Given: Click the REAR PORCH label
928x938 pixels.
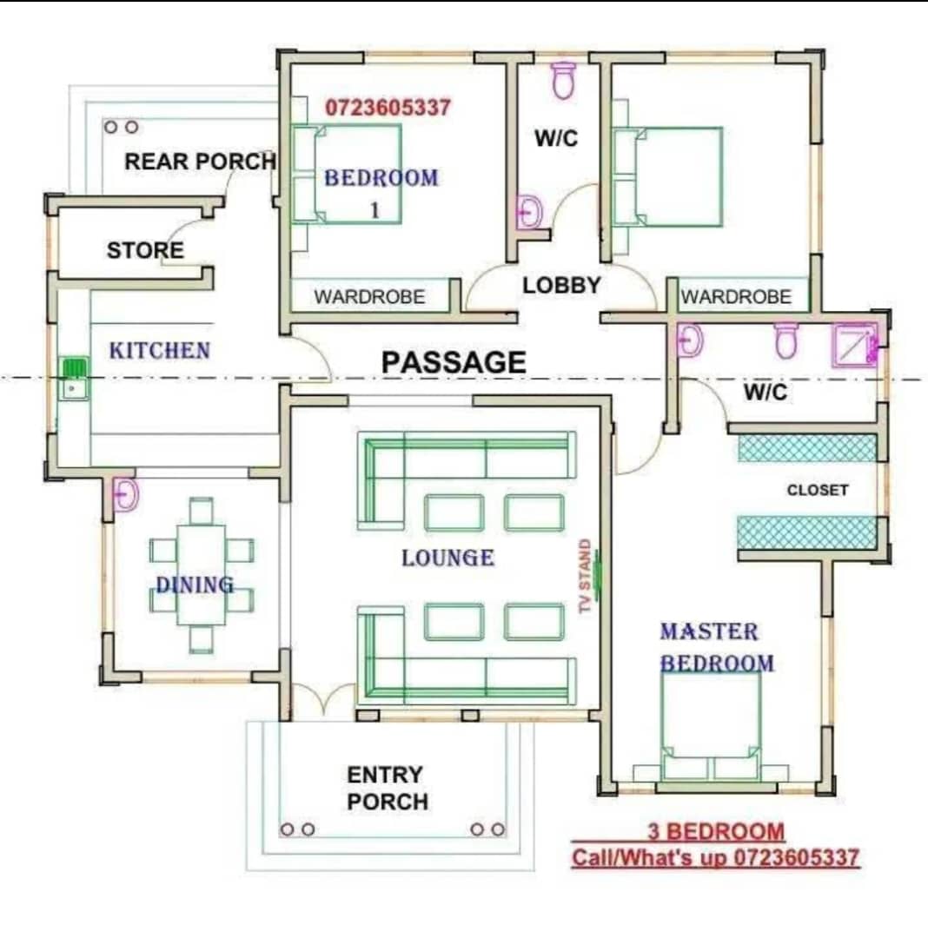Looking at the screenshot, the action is [x=200, y=161].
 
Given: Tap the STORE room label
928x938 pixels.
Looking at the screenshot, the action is [x=145, y=250].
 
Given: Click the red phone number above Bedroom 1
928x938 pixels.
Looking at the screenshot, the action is [x=388, y=108].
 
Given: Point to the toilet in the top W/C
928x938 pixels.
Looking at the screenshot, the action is [x=562, y=80].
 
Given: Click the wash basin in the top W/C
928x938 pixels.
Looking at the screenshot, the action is [x=529, y=211].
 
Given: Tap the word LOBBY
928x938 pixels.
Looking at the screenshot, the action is [x=561, y=286].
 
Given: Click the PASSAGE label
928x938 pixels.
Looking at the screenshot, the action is [x=454, y=362].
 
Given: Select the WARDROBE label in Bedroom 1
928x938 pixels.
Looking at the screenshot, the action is [x=369, y=297].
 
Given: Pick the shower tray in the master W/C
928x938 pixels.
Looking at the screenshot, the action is [x=855, y=346].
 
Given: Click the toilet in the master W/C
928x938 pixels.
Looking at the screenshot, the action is [x=786, y=340].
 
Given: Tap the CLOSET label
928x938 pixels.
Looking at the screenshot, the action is [x=818, y=490].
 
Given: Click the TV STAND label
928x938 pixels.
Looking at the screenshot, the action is [x=585, y=576].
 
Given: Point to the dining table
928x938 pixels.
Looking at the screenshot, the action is [x=201, y=574].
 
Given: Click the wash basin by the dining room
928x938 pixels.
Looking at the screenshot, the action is [x=126, y=495].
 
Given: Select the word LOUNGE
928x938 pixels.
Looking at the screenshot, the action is [x=447, y=558].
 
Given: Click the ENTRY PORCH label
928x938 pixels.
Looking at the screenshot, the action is [x=388, y=788].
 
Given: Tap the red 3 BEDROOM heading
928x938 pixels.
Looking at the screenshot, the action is [x=716, y=831].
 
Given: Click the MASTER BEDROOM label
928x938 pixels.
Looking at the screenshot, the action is [x=717, y=647].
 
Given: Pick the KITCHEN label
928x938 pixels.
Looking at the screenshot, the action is [x=160, y=351].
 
